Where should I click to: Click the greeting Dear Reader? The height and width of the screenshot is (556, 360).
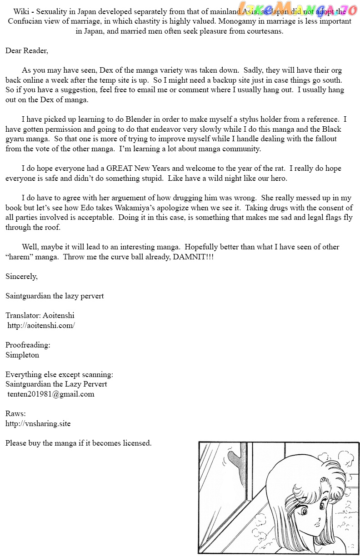click(26, 51)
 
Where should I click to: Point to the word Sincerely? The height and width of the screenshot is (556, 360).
click(21, 276)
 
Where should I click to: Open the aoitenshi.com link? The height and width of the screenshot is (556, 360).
click(41, 325)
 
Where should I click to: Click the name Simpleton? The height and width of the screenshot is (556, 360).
click(22, 355)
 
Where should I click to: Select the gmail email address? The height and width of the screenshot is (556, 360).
click(51, 394)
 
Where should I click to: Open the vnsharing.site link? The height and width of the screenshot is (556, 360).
click(38, 423)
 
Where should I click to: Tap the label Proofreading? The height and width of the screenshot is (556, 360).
click(28, 345)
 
